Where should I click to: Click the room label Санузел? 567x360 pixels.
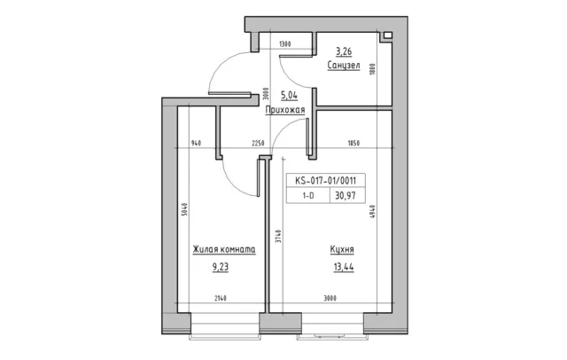(x=344, y=66)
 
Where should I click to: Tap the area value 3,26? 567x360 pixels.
(x=344, y=51)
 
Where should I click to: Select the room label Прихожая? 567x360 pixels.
(x=285, y=110)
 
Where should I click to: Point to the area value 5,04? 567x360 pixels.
(x=290, y=96)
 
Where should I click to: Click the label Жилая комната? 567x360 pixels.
(x=224, y=250)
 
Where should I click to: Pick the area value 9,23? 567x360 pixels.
(x=221, y=268)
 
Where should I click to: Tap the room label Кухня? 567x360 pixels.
(x=342, y=250)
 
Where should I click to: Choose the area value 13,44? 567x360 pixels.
(x=344, y=268)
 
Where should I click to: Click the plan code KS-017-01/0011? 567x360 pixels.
(x=325, y=180)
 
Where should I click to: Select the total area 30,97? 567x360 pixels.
(x=346, y=196)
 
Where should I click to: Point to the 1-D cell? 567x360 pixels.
(x=308, y=196)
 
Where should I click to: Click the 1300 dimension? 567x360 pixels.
(x=285, y=44)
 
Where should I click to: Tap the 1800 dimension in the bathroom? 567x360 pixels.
(x=372, y=69)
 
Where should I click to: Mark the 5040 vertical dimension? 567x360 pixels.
(x=184, y=209)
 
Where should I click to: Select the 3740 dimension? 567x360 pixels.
(x=277, y=236)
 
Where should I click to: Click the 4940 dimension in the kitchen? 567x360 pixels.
(x=372, y=212)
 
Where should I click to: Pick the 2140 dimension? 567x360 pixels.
(x=221, y=299)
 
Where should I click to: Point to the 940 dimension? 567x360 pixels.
(x=196, y=144)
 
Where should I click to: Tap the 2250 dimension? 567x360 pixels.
(x=258, y=144)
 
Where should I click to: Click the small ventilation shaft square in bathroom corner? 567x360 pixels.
(x=387, y=35)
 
